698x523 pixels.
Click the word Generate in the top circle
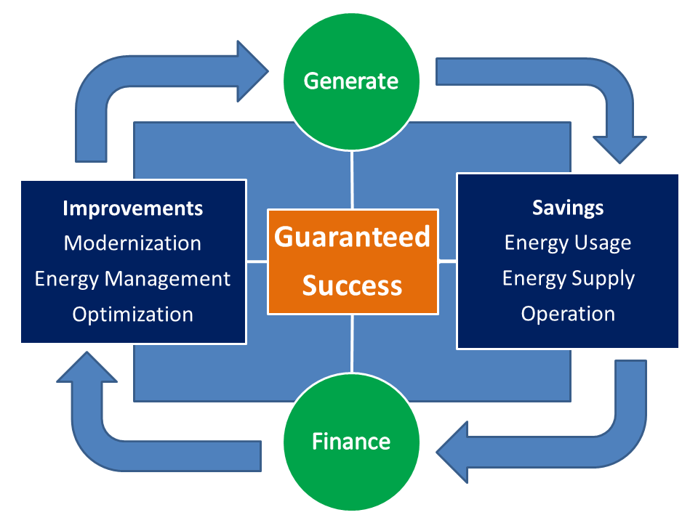350,81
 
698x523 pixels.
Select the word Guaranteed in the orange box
352,237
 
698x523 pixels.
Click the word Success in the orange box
352,285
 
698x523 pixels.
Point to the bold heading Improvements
132,208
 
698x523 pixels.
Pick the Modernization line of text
132,243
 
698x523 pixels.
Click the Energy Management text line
132,279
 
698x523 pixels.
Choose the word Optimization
132,315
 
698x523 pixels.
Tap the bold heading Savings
568,208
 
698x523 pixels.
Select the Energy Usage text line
568,243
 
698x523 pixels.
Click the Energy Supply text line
569,279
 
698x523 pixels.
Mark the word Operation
568,314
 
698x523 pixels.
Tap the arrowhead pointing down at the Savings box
619,150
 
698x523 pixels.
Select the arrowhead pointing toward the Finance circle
452,453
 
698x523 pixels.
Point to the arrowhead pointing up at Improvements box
87,367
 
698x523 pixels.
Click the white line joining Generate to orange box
352,180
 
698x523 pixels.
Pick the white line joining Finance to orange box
352,344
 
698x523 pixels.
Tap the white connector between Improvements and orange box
257,262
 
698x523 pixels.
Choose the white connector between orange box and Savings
448,261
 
